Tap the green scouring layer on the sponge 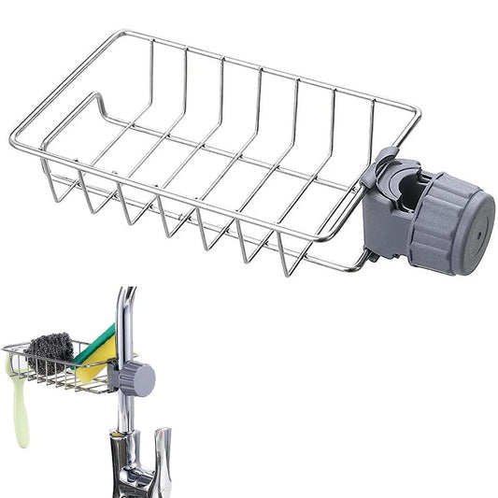click(x=101, y=340)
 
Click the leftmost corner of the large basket click(x=13, y=145)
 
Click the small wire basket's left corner click(x=5, y=349)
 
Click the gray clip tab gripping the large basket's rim click(x=380, y=159)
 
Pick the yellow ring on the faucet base click(x=116, y=432)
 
